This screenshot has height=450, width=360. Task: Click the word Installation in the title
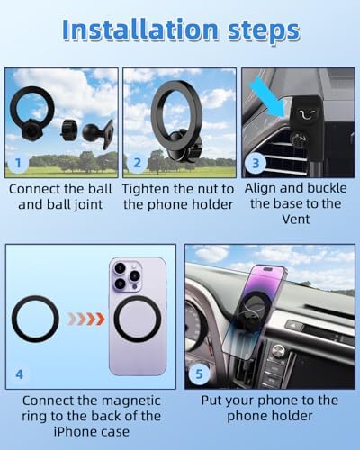click(x=140, y=30)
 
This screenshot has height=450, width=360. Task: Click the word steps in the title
click(x=264, y=32)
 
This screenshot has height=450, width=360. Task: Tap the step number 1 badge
click(x=18, y=163)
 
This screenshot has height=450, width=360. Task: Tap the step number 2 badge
click(x=137, y=163)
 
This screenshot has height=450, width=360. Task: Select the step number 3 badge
click(x=256, y=164)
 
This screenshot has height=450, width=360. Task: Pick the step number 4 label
click(x=19, y=374)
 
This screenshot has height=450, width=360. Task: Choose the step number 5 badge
click(x=199, y=373)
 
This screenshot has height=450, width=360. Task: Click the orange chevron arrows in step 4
click(x=86, y=319)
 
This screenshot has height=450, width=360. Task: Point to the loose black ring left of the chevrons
click(x=13, y=319)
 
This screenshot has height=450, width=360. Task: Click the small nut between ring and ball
click(x=69, y=130)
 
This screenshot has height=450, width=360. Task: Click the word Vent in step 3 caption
click(x=296, y=220)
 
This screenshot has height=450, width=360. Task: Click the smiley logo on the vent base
click(x=307, y=115)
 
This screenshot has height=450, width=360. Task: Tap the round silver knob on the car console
click(x=277, y=350)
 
